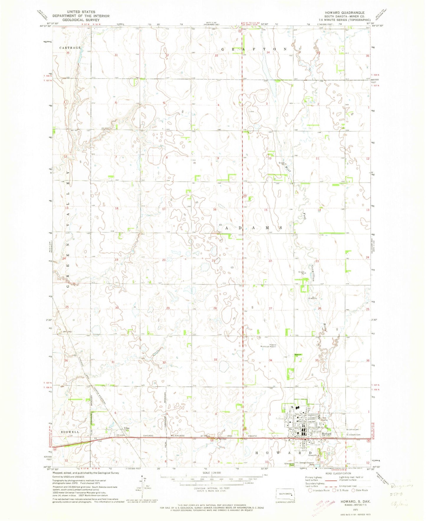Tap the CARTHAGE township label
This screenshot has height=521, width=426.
[70, 47]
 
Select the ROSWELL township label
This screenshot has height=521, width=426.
[70, 432]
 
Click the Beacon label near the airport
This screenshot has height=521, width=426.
[298, 354]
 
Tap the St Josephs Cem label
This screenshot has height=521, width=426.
[353, 434]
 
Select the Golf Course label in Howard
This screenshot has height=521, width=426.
[325, 419]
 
